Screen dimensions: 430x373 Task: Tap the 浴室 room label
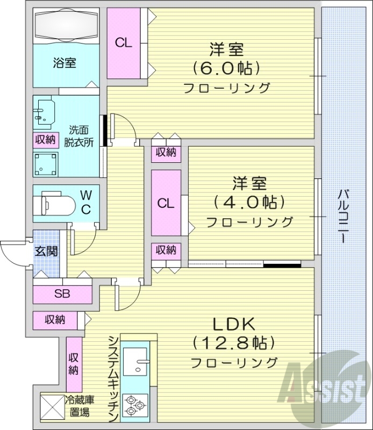point(64,63)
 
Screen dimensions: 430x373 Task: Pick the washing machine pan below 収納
point(45,163)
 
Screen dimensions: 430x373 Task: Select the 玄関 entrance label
point(47,251)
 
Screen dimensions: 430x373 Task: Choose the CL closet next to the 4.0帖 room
point(166,203)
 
